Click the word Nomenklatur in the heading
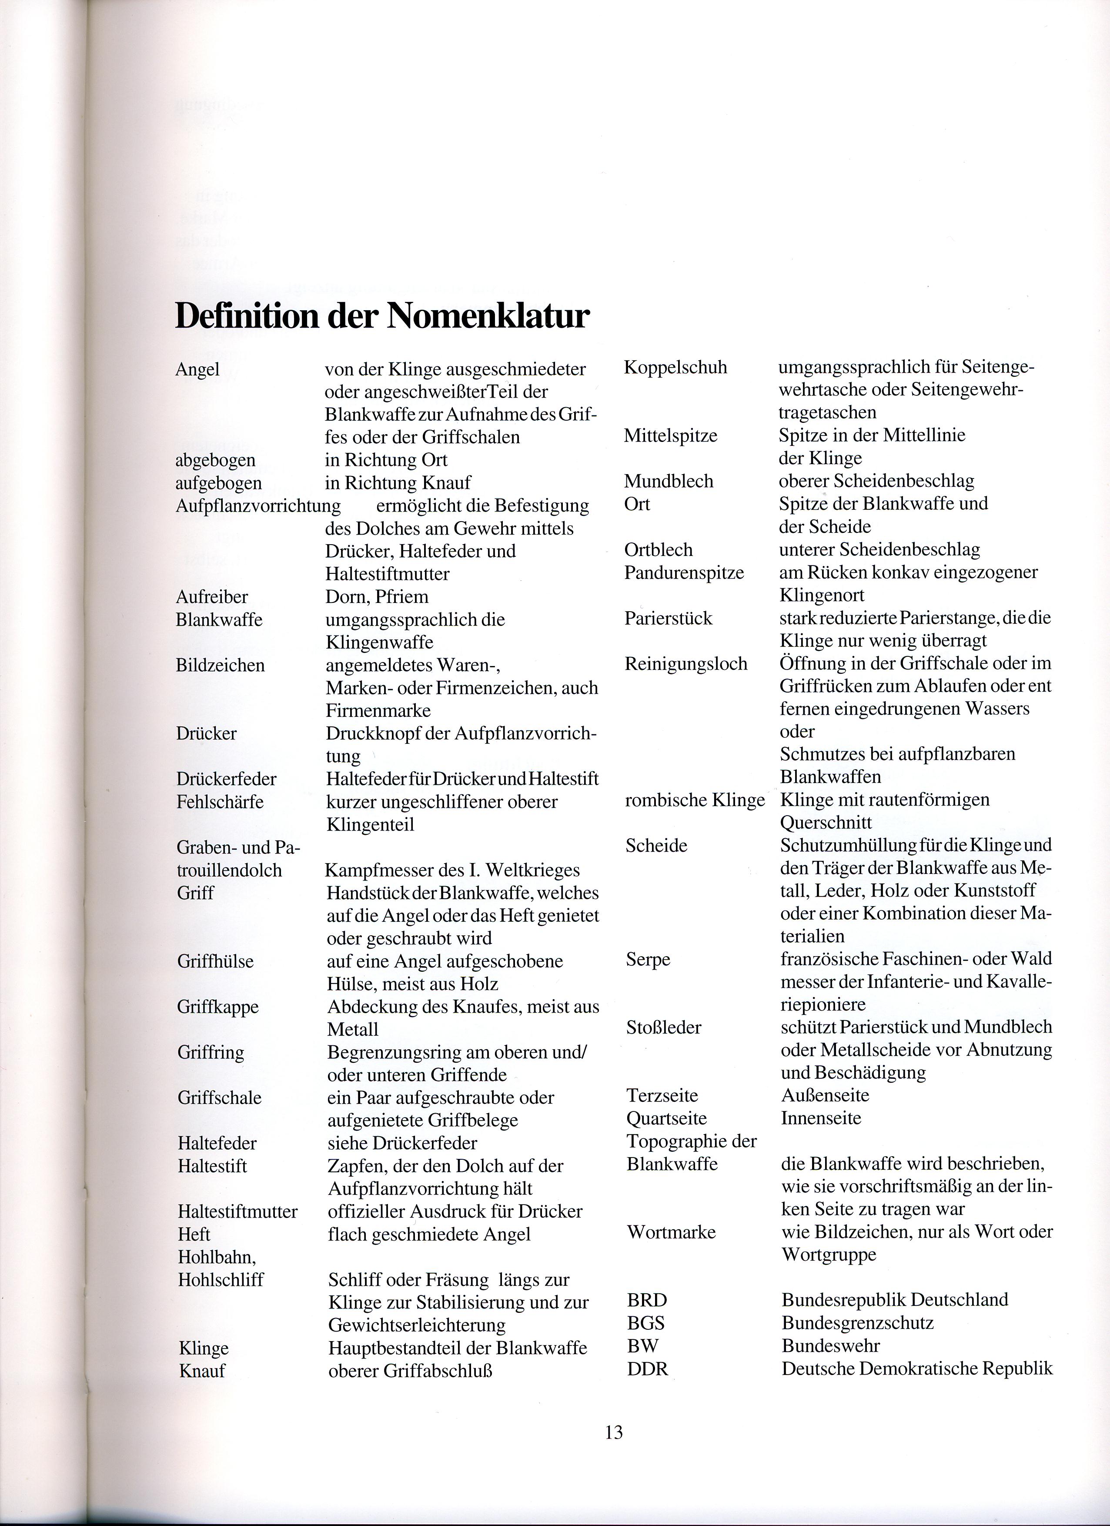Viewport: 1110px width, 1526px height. click(487, 315)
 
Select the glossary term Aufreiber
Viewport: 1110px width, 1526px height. click(212, 597)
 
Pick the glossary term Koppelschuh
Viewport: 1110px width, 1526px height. click(675, 368)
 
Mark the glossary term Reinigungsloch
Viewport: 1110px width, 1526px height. click(686, 664)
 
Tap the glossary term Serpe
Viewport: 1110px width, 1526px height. click(648, 960)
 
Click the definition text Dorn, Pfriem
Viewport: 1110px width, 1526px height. click(377, 597)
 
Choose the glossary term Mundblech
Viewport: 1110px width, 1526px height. click(669, 482)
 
